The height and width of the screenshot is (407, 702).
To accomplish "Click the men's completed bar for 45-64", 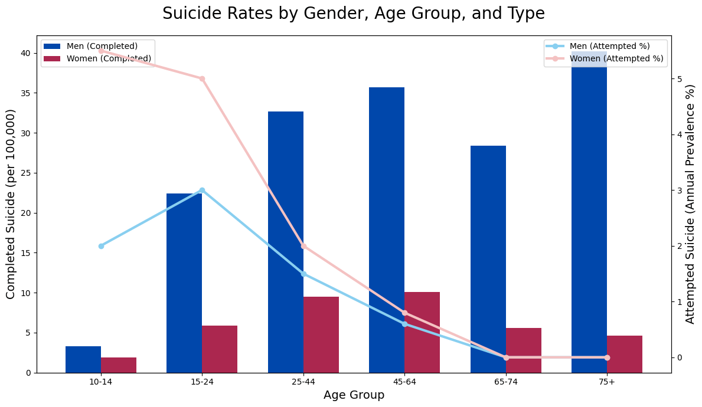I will click(x=387, y=230).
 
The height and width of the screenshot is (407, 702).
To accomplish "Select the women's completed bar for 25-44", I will click(x=321, y=334).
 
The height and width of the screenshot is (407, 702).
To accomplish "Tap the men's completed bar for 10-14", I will click(x=83, y=359).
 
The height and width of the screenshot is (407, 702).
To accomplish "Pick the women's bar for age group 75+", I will click(x=625, y=354).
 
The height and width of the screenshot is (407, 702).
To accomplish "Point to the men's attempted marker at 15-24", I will click(x=202, y=190).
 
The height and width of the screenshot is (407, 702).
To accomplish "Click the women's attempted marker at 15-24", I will click(x=202, y=78).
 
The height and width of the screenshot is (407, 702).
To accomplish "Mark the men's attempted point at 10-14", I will click(x=101, y=246).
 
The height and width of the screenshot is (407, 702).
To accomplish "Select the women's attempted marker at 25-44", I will click(x=303, y=246).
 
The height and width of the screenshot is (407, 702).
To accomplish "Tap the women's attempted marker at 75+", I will click(x=607, y=357).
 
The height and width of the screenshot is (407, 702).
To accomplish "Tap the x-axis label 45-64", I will click(x=404, y=382).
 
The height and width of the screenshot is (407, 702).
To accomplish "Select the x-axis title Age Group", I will click(x=354, y=395).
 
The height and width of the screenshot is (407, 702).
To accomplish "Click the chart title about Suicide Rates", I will click(x=354, y=14).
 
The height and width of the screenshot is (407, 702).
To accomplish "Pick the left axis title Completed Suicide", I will click(x=11, y=204).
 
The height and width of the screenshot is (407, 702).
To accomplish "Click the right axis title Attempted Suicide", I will click(x=690, y=204).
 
